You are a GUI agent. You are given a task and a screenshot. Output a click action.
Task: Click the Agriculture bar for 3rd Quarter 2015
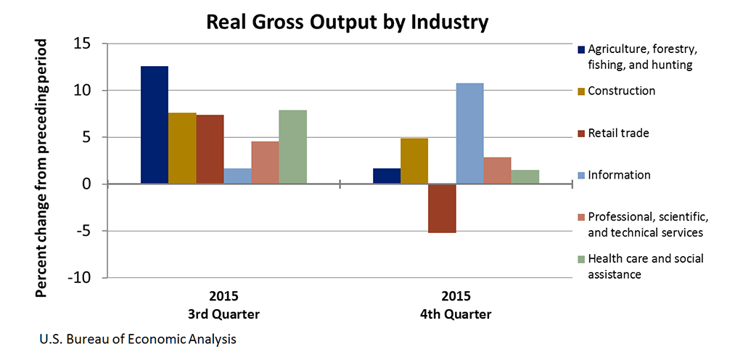pos(154,125)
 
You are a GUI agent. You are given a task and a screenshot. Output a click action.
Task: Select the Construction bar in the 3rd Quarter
pos(182,148)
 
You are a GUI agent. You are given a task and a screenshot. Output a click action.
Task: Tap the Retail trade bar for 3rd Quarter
pos(210,150)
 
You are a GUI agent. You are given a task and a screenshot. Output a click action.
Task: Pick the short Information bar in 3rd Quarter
pos(237,176)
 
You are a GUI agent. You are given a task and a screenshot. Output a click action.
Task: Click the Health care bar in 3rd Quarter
pos(293,147)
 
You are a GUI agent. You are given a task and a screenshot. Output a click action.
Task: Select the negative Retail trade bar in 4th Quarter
pos(442,208)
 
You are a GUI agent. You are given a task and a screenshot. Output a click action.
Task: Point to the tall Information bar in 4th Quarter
pos(469,134)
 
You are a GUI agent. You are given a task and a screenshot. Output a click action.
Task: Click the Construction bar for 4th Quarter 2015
pos(414,161)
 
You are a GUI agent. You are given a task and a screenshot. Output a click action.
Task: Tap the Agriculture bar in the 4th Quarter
pos(386,176)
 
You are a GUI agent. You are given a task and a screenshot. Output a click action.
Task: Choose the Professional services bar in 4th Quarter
pos(497,171)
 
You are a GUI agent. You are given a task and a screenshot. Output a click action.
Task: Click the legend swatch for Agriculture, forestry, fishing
pos(581,50)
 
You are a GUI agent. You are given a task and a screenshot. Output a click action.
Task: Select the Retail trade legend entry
pos(618,134)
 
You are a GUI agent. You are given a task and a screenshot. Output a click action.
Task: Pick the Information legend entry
pos(618,175)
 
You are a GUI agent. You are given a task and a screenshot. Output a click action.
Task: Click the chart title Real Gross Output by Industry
pos(348,22)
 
